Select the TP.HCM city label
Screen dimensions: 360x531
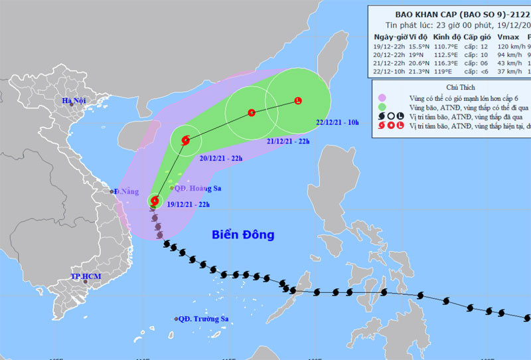point(84,276)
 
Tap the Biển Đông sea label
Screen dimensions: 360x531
point(243,234)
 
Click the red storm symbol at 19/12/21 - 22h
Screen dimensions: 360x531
point(155,199)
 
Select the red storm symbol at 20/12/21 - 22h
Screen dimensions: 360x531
point(185,140)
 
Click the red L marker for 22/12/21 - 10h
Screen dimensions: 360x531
point(297,101)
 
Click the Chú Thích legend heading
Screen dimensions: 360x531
point(456,87)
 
